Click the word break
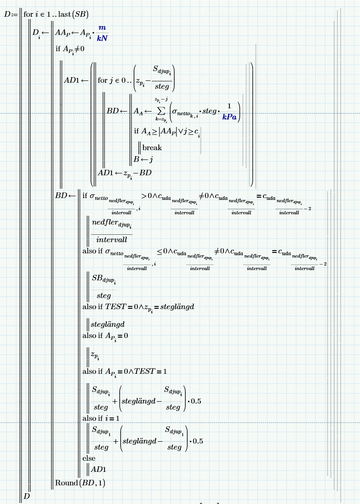pyautogui.click(x=152, y=147)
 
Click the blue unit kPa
pyautogui.click(x=229, y=117)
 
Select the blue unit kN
pyautogui.click(x=102, y=38)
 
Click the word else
pyautogui.click(x=89, y=458)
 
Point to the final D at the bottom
pyautogui.click(x=26, y=496)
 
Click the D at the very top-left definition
pyautogui.click(x=7, y=14)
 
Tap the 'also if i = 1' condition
pyautogui.click(x=102, y=418)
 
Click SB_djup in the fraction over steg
pyautogui.click(x=103, y=279)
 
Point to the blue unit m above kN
pyautogui.click(x=102, y=28)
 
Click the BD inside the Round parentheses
pyautogui.click(x=87, y=483)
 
